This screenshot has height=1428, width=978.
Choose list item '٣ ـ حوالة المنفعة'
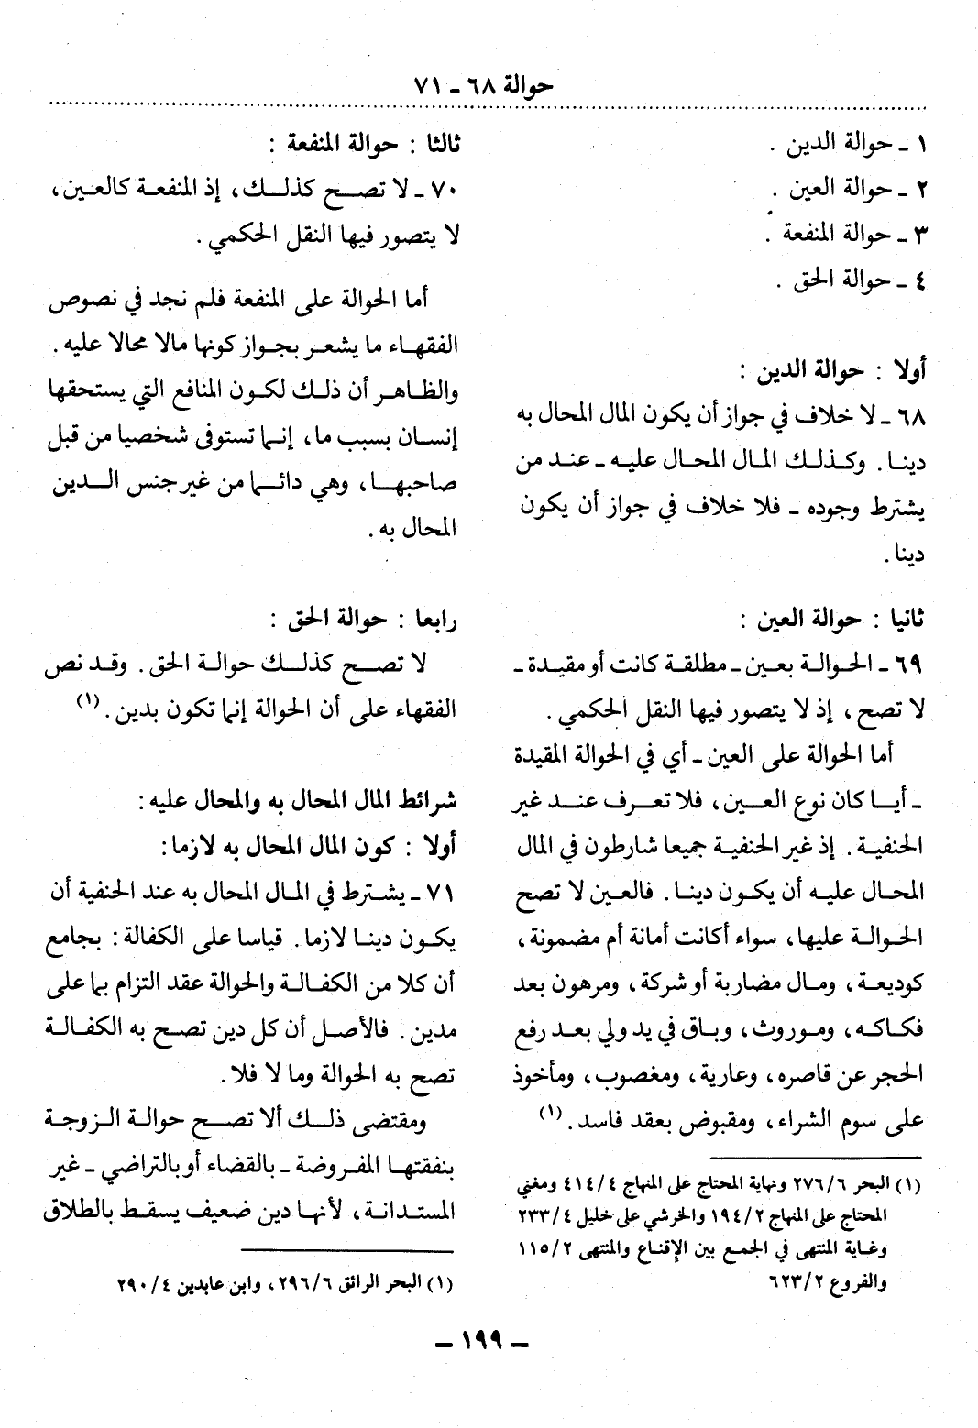[x=844, y=234]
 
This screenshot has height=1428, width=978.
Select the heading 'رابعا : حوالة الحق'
[x=367, y=619]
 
